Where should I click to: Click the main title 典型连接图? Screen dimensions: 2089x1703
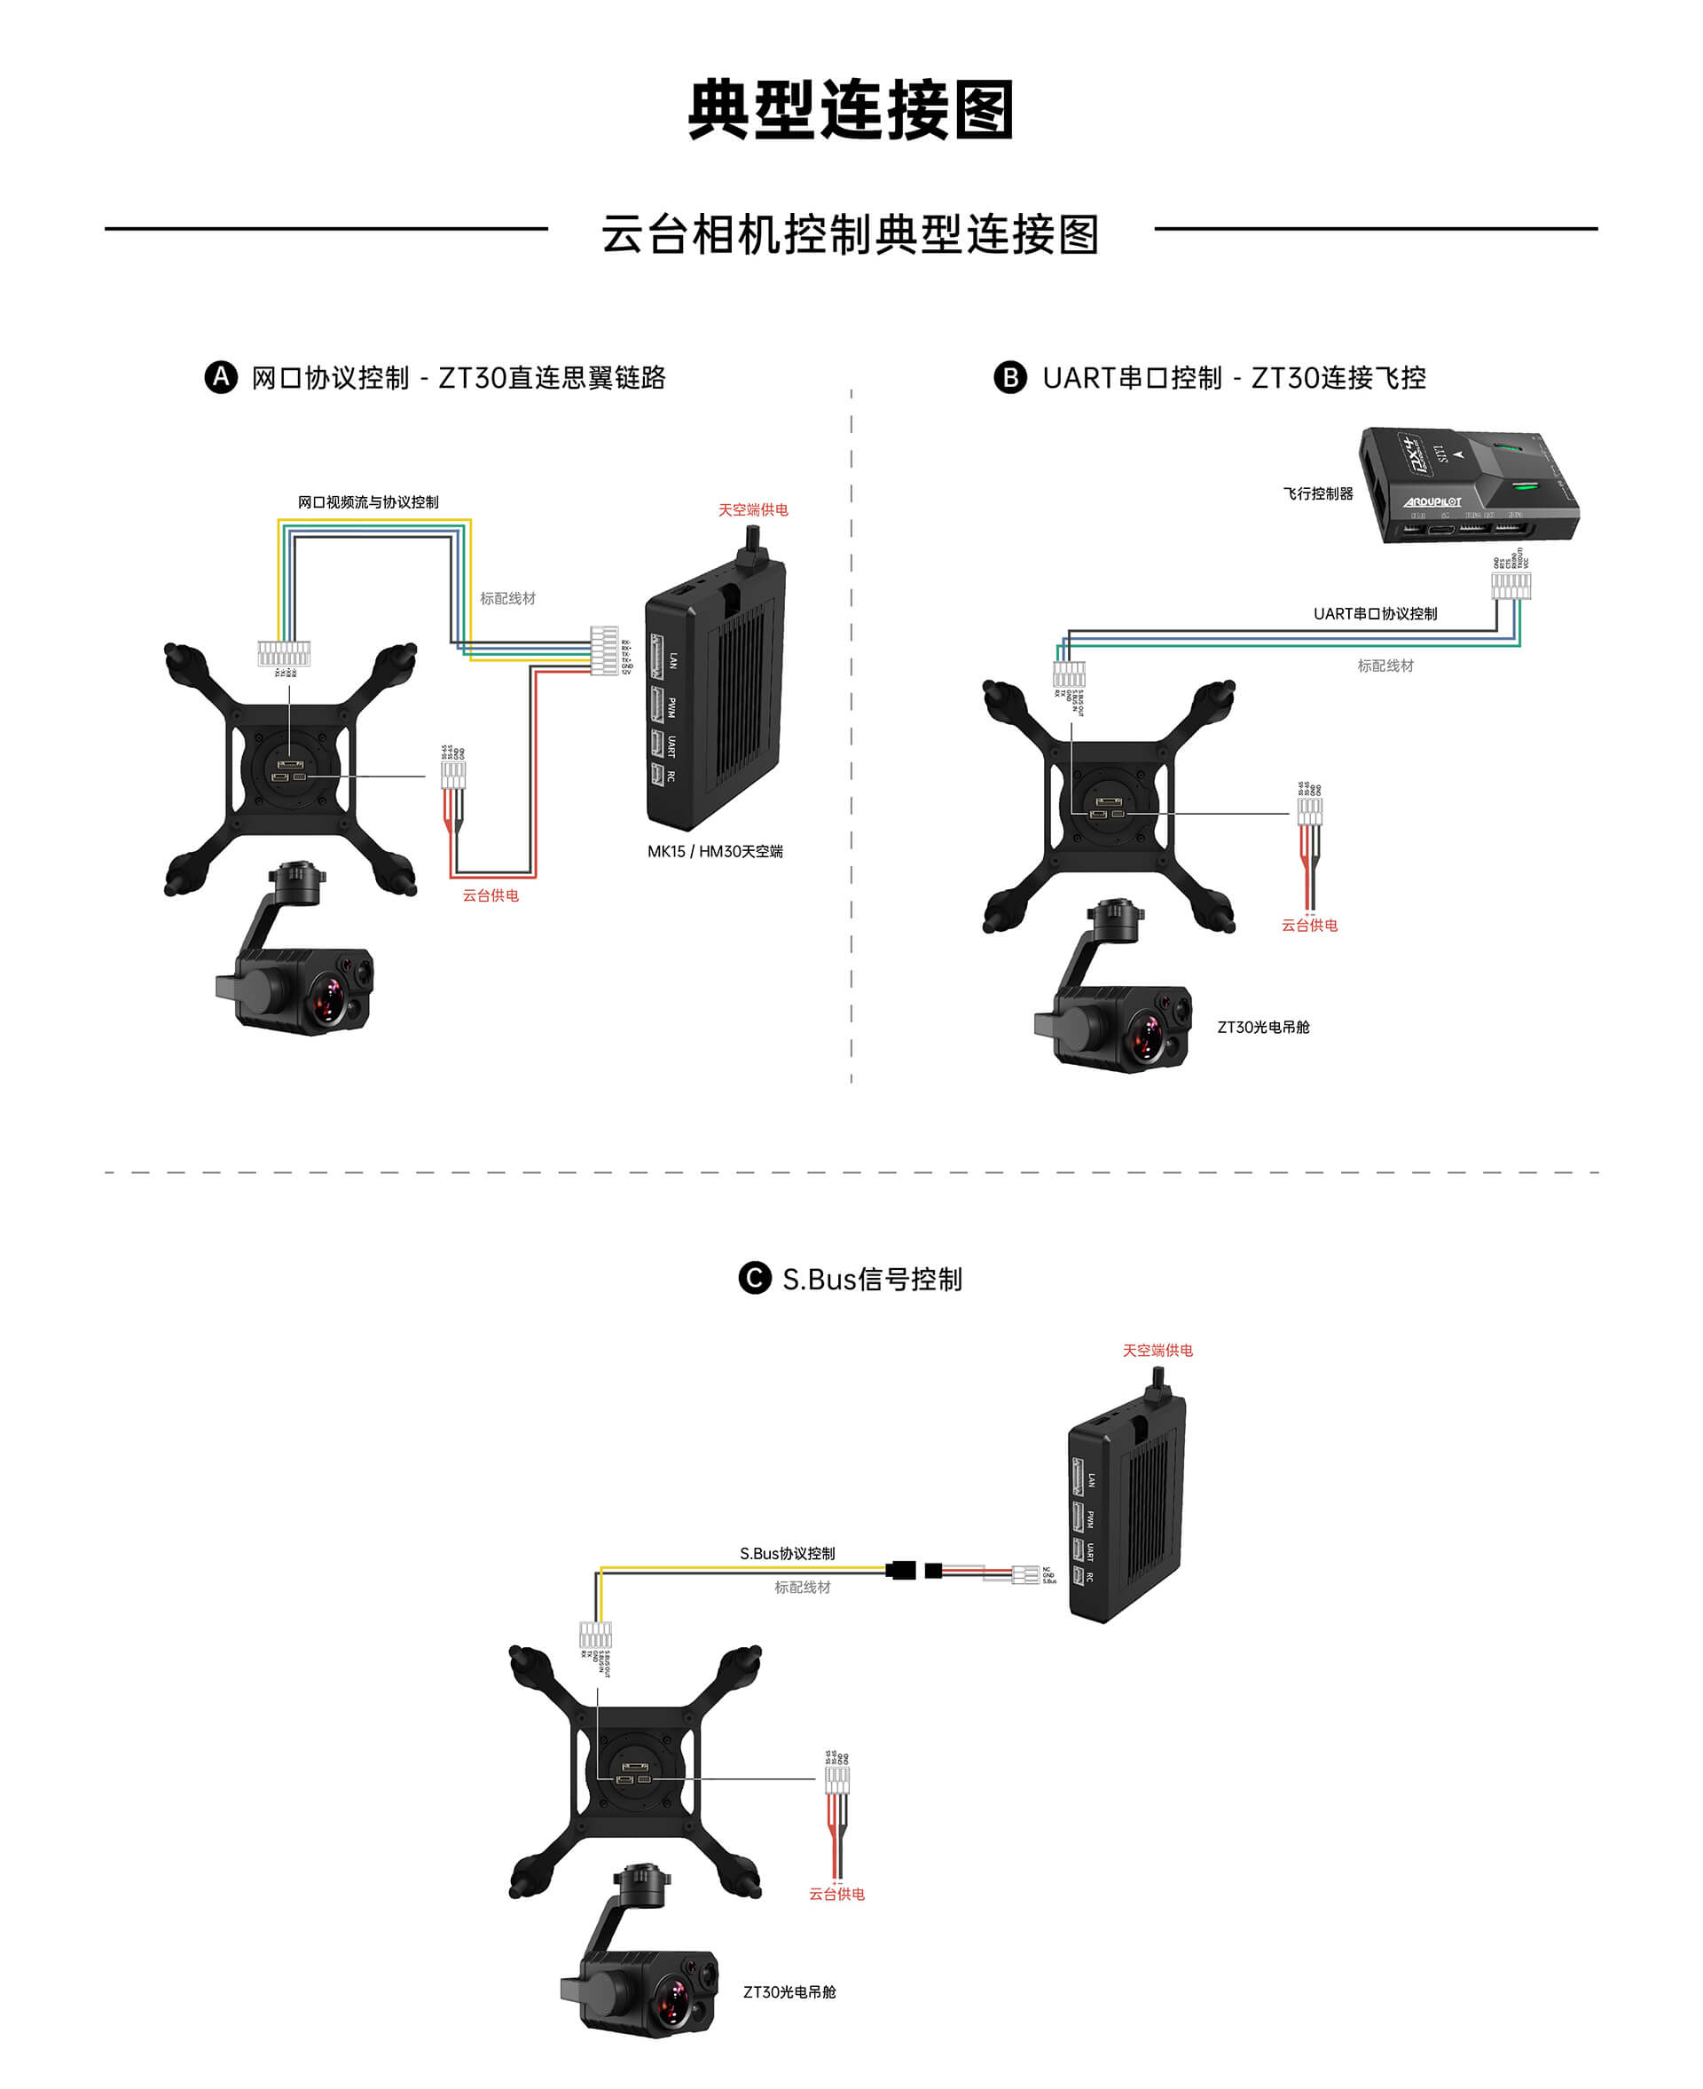click(851, 110)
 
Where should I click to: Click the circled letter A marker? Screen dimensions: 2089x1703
click(221, 378)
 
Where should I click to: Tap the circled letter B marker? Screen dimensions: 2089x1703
click(1009, 378)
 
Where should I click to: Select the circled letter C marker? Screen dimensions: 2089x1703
click(755, 1279)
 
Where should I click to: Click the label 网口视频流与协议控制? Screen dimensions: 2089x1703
click(368, 502)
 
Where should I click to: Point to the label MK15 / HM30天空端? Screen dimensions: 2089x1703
click(714, 852)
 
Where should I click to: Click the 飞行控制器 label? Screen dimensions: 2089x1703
click(1317, 493)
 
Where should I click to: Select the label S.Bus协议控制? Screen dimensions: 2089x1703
click(787, 1553)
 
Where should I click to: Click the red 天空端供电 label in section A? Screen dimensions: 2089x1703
click(752, 510)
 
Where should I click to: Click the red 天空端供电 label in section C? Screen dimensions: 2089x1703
click(1158, 1350)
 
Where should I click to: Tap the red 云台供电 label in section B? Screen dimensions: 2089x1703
click(1308, 926)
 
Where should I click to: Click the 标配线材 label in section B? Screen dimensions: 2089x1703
click(1385, 666)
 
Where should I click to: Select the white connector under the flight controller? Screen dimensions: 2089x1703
click(1511, 586)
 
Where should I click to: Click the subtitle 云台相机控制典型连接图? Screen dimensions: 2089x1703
click(851, 234)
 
